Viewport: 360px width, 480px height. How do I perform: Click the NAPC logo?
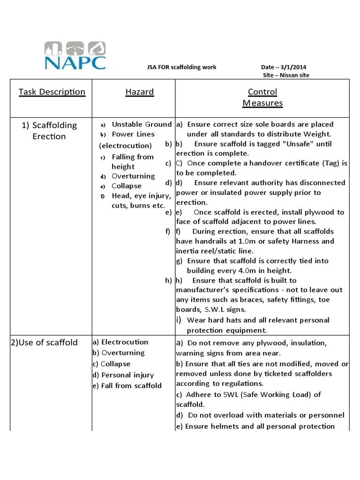pyautogui.click(x=75, y=56)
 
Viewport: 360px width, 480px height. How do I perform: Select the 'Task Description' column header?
pyautogui.click(x=52, y=92)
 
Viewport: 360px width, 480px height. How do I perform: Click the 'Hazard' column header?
pyautogui.click(x=139, y=92)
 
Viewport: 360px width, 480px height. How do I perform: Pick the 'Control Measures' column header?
pyautogui.click(x=262, y=97)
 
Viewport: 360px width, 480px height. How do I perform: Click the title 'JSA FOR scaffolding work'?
pyautogui.click(x=182, y=67)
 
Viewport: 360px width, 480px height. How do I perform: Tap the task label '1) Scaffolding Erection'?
pyautogui.click(x=49, y=131)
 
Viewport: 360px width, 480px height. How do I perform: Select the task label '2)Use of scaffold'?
pyautogui.click(x=44, y=342)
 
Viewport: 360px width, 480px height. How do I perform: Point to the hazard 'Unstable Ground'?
pyautogui.click(x=142, y=124)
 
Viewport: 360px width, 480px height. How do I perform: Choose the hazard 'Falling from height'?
pyautogui.click(x=132, y=162)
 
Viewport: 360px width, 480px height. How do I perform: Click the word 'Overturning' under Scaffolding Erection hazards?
pyautogui.click(x=133, y=176)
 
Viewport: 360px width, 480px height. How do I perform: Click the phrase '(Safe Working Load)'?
pyautogui.click(x=270, y=395)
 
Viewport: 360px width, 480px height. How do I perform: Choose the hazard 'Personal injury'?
pyautogui.click(x=127, y=375)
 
